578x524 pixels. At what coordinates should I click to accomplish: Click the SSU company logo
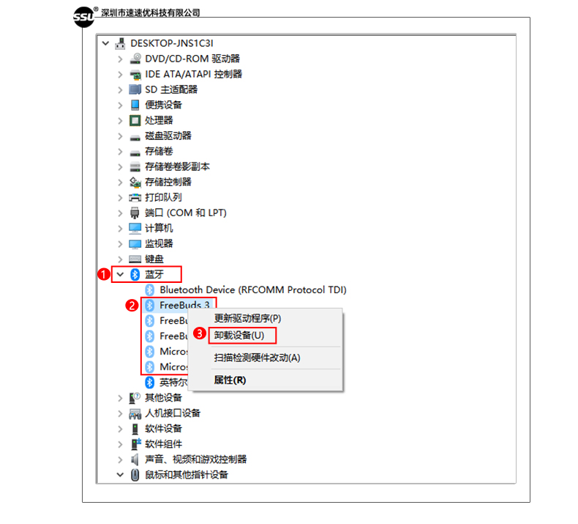84,16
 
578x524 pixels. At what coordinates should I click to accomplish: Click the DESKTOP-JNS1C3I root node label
172,43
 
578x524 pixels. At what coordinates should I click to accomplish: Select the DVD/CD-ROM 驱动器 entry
192,59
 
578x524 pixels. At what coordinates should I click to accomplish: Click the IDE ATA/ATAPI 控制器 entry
193,74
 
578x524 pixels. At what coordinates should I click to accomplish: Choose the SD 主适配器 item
170,89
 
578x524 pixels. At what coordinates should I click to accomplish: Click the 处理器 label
159,120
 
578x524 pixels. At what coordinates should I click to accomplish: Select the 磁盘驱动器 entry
168,136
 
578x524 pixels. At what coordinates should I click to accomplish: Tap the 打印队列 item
163,197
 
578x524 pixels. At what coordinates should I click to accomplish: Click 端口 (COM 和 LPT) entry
185,213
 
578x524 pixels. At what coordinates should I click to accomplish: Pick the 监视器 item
159,243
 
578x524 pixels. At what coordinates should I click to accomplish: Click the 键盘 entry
154,259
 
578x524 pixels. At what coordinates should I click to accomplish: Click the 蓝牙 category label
154,274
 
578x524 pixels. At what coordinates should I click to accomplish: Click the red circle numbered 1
103,274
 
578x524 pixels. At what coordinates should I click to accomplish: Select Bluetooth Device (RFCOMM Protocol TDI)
252,290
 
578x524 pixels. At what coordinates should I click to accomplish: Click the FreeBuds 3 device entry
184,305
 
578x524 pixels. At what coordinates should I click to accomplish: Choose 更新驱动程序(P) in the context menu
247,319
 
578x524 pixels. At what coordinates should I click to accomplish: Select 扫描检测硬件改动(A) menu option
257,358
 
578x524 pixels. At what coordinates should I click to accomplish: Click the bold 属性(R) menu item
230,380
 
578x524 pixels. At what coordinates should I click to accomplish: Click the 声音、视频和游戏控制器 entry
195,460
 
